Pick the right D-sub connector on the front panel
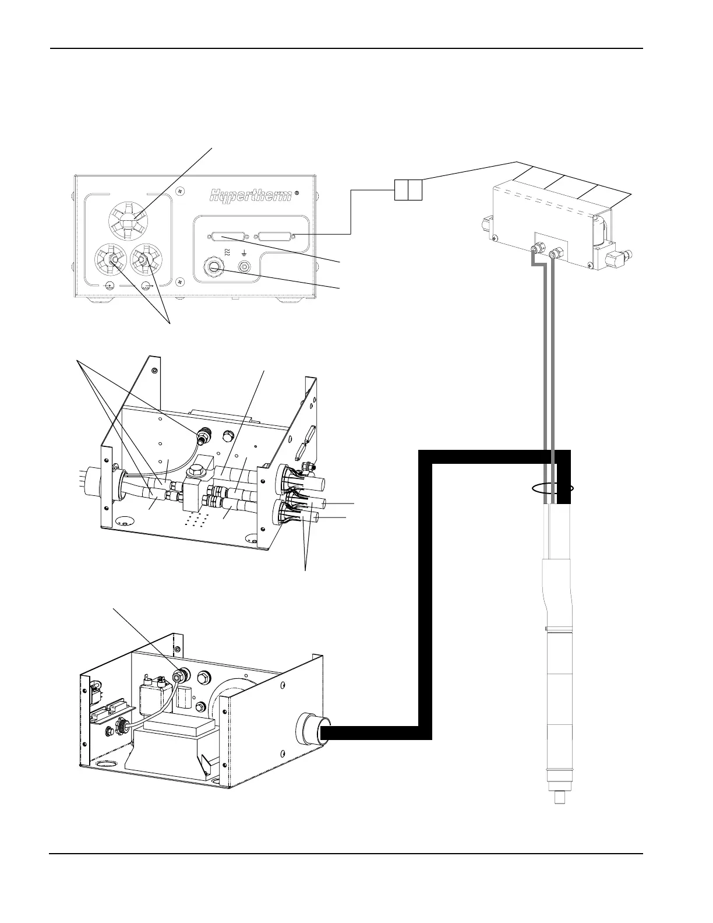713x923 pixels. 276,237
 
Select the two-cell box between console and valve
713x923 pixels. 408,191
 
